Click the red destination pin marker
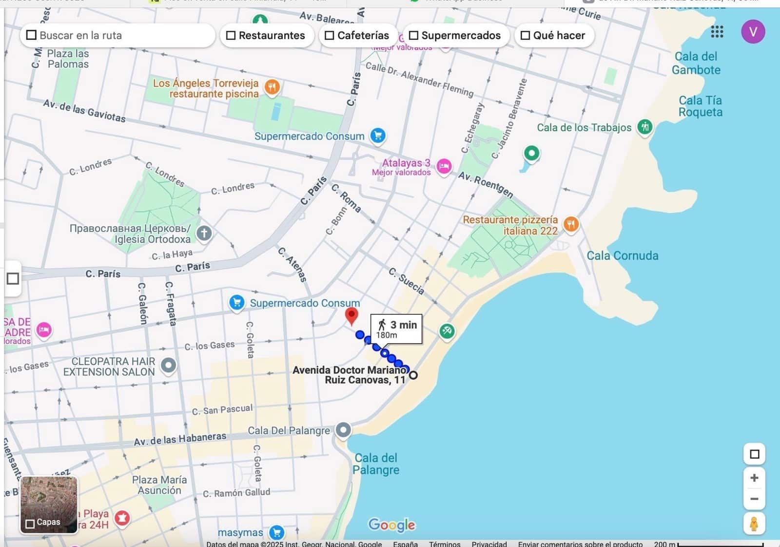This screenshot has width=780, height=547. coord(351,315)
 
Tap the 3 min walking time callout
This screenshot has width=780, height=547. coord(396,329)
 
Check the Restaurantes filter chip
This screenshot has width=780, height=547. coord(266,36)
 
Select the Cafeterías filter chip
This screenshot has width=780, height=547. coord(357,36)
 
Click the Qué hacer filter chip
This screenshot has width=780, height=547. coord(553,36)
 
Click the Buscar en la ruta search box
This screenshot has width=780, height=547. coord(117,36)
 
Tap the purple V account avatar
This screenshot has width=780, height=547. coord(753,32)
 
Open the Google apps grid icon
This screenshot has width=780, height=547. coord(717,32)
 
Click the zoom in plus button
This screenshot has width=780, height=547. coord(754,478)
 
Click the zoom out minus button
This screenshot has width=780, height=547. coord(754,499)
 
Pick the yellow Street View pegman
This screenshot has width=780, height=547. coord(754,524)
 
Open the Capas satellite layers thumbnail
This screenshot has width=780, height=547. coord(49,505)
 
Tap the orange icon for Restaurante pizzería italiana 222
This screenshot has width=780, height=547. coord(571,224)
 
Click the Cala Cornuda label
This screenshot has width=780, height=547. coord(622,256)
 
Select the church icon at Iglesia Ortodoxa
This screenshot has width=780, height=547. coord(204,233)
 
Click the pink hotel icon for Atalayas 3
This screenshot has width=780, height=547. coord(443,167)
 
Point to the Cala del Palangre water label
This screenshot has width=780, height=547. coord(375,464)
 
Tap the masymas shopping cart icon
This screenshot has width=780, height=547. coord(277,532)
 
